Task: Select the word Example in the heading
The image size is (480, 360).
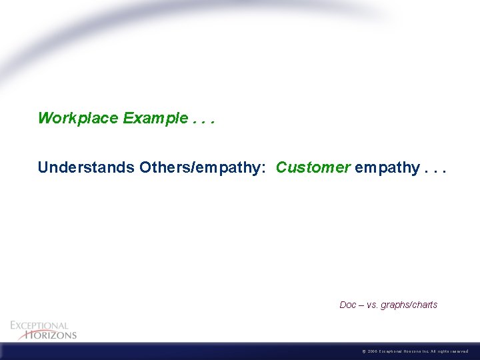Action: coord(155,119)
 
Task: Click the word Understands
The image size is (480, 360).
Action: coord(86,167)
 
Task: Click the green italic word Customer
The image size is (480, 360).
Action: coord(313,167)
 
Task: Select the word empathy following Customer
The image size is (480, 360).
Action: coord(387,168)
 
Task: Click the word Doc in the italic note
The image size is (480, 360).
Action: coord(347,305)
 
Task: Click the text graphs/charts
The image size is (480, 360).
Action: coord(409,305)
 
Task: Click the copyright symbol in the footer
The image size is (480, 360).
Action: coord(363,351)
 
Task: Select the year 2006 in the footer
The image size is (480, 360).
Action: coord(372,351)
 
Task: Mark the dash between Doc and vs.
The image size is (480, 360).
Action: coord(361,305)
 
